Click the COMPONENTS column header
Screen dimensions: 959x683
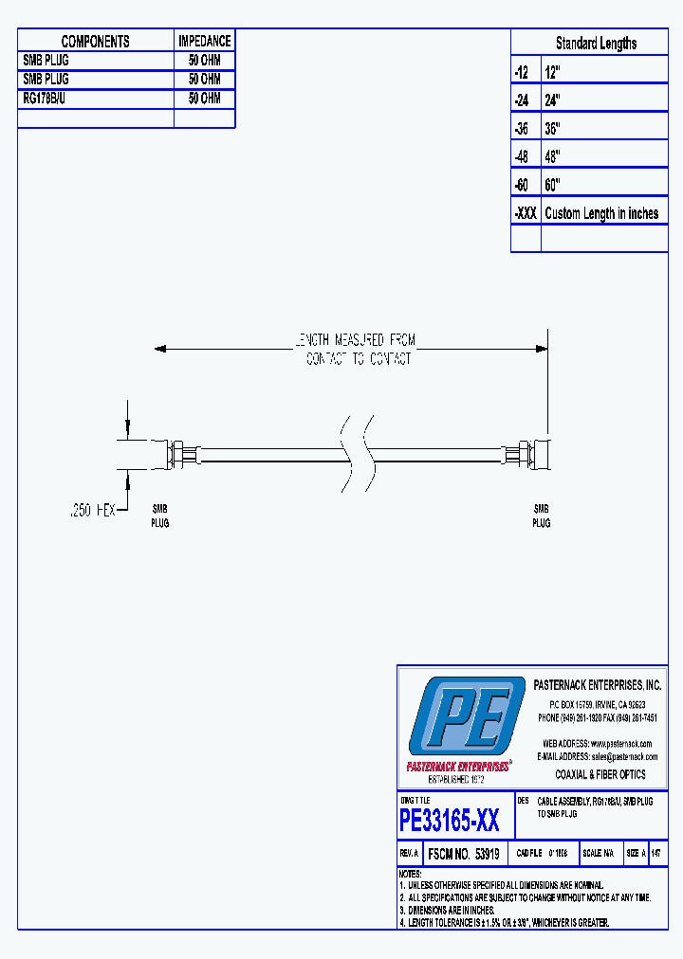[95, 42]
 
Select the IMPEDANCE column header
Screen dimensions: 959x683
[204, 42]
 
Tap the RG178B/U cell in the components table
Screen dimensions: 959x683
[46, 99]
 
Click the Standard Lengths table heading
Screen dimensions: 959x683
[596, 44]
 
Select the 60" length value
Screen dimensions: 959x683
[553, 185]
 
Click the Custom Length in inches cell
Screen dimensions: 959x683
[601, 213]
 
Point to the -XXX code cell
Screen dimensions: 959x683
[525, 213]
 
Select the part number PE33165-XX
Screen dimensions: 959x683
[450, 819]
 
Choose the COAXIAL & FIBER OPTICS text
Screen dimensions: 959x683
[600, 774]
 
